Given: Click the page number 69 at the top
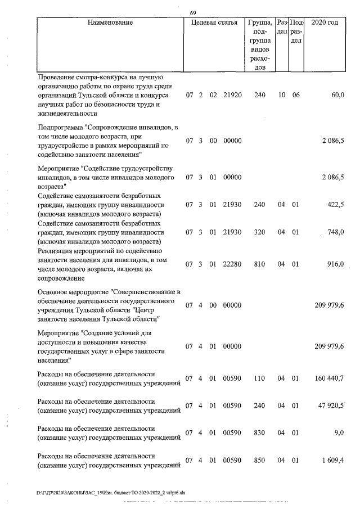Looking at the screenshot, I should click(x=193, y=13).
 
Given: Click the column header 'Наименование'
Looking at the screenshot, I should click(x=111, y=23).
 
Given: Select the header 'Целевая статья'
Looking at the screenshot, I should click(x=214, y=23).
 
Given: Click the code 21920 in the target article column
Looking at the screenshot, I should click(x=232, y=96).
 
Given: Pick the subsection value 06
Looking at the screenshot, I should click(x=296, y=96).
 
